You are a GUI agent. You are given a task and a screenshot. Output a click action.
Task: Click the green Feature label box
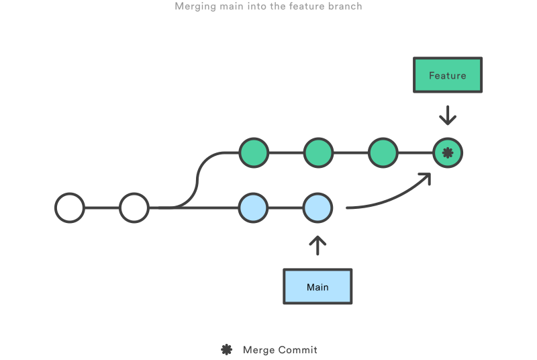click(447, 75)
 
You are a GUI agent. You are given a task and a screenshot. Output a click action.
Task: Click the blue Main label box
click(318, 287)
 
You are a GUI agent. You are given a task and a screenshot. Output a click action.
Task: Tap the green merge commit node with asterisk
click(448, 154)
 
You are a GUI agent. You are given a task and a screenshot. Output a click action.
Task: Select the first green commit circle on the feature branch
click(254, 153)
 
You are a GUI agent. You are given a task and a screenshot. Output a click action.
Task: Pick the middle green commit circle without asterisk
click(318, 153)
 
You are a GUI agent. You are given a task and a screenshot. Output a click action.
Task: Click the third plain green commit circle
click(383, 153)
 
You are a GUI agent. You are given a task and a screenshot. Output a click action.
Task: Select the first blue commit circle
click(254, 208)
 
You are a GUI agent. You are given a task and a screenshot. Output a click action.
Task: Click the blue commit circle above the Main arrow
click(318, 208)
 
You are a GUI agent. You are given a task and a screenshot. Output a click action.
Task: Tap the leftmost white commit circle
click(69, 208)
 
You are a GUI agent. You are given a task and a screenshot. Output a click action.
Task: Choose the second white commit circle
click(134, 208)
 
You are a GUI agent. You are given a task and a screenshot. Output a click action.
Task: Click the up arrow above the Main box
click(318, 245)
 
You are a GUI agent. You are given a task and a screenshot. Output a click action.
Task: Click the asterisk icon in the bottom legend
click(227, 349)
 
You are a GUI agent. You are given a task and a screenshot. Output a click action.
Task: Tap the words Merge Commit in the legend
click(280, 350)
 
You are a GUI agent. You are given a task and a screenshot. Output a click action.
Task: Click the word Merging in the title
click(194, 7)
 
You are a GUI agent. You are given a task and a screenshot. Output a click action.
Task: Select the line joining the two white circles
click(101, 208)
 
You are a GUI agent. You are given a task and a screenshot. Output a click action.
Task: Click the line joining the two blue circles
click(285, 208)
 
